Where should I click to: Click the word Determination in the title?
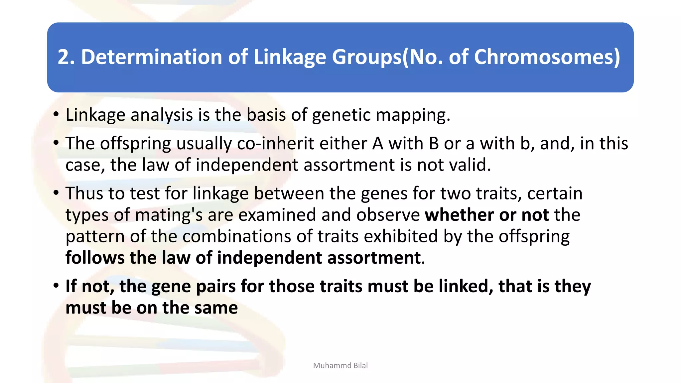tap(152, 57)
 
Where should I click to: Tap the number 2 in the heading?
tap(64, 57)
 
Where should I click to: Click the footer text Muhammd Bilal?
tap(340, 365)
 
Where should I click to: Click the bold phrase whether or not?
tap(486, 215)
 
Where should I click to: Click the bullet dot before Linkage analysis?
tap(56, 115)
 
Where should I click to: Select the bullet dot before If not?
tap(56, 286)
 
